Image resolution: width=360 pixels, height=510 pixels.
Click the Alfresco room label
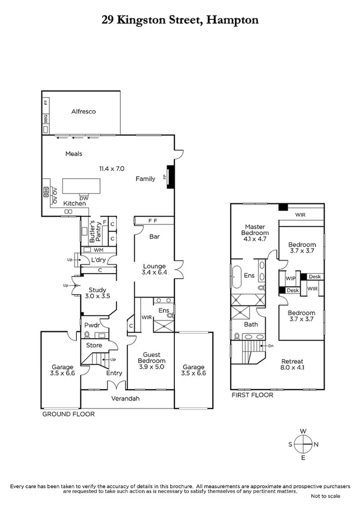pyautogui.click(x=84, y=112)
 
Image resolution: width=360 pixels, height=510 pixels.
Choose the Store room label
pyautogui.click(x=94, y=346)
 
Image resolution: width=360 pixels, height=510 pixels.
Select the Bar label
pyautogui.click(x=154, y=237)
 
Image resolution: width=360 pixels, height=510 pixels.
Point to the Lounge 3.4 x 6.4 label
pyautogui.click(x=154, y=269)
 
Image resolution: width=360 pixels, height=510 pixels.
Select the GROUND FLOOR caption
pyautogui.click(x=68, y=414)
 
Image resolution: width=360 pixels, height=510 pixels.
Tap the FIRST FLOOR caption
pyautogui.click(x=252, y=395)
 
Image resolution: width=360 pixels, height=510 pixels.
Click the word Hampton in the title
pyautogui.click(x=233, y=20)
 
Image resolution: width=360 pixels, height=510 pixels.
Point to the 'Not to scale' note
pyautogui.click(x=325, y=496)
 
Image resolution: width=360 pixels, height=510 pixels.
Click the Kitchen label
pyautogui.click(x=75, y=204)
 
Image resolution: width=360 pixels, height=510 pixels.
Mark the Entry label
pyautogui.click(x=114, y=373)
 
